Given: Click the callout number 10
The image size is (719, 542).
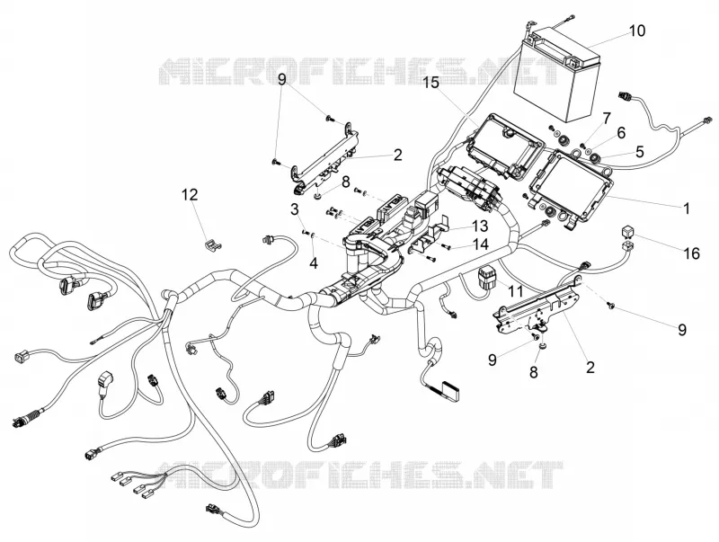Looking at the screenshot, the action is [x=637, y=31].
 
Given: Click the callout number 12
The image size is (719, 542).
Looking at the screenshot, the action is [x=190, y=195].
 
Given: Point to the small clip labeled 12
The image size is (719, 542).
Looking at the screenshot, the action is [x=212, y=245].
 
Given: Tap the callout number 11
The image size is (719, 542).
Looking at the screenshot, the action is [x=515, y=290].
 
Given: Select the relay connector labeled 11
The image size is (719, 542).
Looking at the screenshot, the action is [x=485, y=279].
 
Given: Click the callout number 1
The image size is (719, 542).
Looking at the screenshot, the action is [x=687, y=209].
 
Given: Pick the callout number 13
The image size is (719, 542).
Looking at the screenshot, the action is [x=480, y=227].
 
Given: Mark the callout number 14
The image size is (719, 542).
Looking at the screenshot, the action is [x=481, y=244].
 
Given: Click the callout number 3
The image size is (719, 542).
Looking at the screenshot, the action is [x=295, y=209].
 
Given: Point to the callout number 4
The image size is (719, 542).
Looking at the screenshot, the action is [x=314, y=262].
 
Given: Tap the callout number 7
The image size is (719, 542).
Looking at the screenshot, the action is [x=607, y=119].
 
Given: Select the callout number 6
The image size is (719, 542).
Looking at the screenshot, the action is [x=621, y=133].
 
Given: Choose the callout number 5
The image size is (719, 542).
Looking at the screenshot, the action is [x=639, y=151].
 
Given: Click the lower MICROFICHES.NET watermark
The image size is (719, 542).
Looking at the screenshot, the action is [x=359, y=475].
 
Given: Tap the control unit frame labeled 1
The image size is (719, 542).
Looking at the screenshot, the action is [x=571, y=186].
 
